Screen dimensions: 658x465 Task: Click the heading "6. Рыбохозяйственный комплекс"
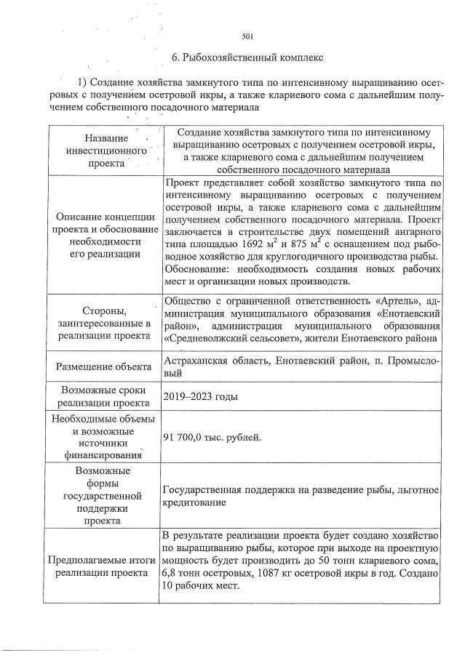coord(247,56)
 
